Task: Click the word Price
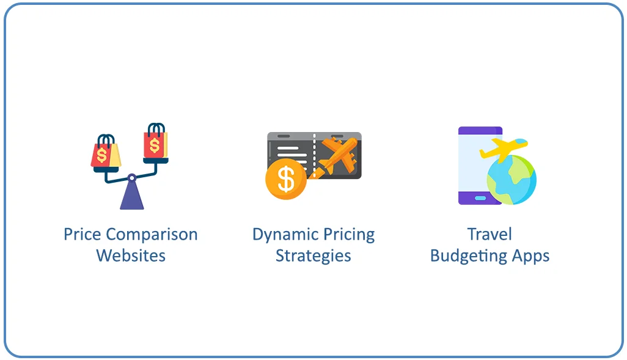pos(82,235)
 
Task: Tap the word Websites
pos(131,255)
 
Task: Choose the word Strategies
pos(313,255)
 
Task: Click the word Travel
pos(490,235)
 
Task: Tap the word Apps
pos(530,255)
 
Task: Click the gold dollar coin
pos(285,179)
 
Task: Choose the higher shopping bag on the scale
pos(155,142)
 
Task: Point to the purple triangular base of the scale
pos(131,197)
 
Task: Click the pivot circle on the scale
pos(131,178)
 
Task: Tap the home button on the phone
pos(480,197)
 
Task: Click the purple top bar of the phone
pos(480,130)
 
